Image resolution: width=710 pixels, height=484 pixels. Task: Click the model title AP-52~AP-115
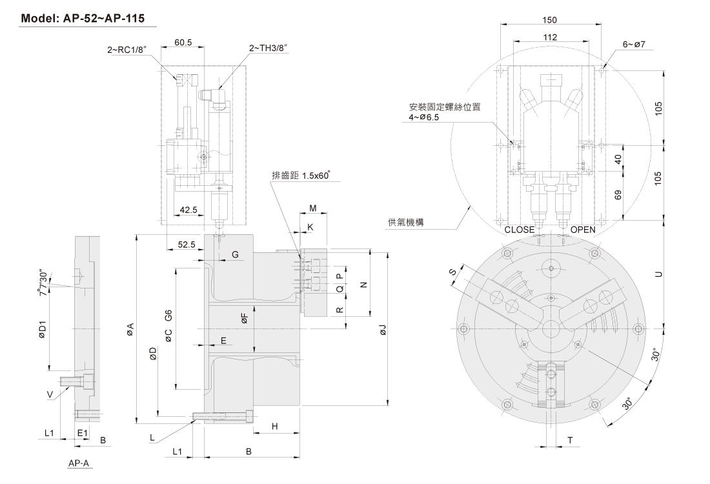click(x=88, y=18)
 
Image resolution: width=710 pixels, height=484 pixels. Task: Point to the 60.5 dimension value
click(x=184, y=43)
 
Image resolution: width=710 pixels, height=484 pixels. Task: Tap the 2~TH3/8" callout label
click(x=268, y=48)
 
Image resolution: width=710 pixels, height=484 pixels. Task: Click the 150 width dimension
click(x=550, y=20)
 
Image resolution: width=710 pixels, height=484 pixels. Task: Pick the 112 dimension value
click(x=550, y=37)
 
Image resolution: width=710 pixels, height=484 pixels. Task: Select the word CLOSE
click(x=519, y=230)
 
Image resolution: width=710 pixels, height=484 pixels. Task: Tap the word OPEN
click(x=583, y=230)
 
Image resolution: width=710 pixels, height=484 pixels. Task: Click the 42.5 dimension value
click(x=189, y=210)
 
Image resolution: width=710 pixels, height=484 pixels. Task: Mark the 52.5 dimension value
click(x=187, y=245)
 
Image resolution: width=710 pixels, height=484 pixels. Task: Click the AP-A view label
click(x=79, y=463)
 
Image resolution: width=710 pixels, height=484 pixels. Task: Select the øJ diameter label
click(x=382, y=330)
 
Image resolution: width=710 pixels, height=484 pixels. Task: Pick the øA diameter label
click(x=130, y=330)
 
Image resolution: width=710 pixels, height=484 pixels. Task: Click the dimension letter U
click(x=658, y=274)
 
